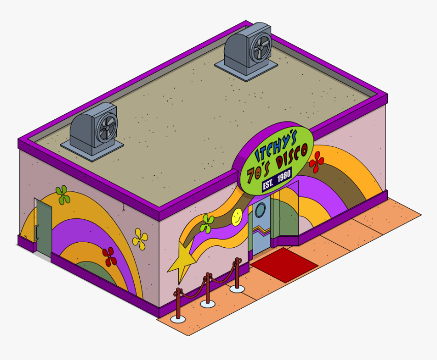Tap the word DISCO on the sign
(290, 161)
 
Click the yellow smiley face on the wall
(237, 217)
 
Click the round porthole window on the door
(260, 209)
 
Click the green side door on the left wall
(44, 226)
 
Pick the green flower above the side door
(63, 194)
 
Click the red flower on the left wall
(109, 256)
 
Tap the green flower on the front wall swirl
(207, 223)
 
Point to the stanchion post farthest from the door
(177, 305)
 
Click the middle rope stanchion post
(207, 290)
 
